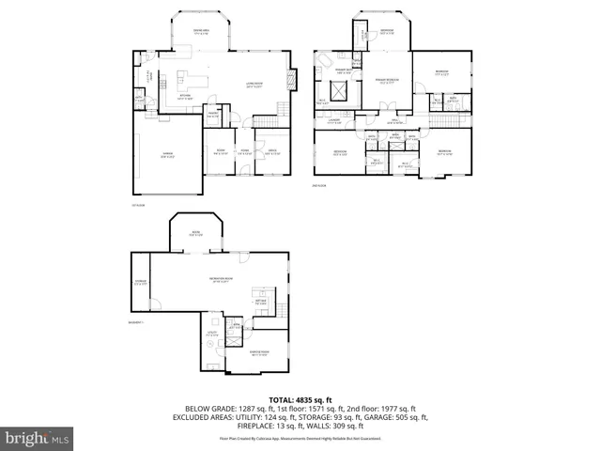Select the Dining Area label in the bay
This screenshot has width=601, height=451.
(200, 33)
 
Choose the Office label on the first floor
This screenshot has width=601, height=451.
(270, 152)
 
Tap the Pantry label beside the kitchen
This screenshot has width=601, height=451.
(213, 115)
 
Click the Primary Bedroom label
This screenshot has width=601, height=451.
(386, 81)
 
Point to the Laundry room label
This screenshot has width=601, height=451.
(333, 121)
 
